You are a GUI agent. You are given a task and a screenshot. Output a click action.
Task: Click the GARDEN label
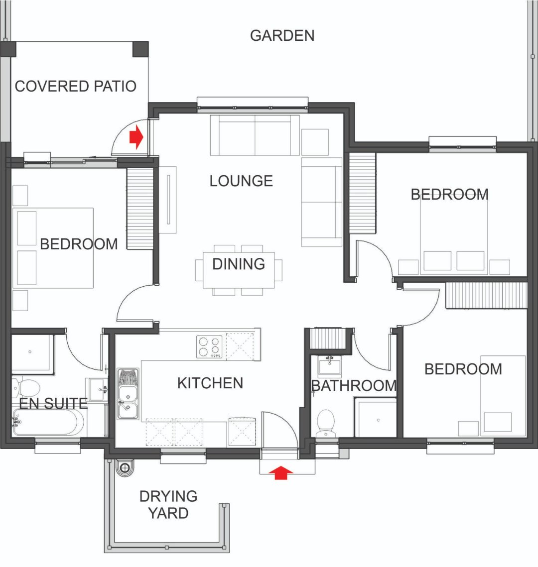[x=282, y=35]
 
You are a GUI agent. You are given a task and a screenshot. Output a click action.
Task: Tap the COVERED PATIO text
[x=76, y=86]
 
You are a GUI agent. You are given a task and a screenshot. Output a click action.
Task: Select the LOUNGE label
[x=241, y=181]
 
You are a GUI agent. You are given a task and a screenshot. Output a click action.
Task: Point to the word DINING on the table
[x=239, y=264]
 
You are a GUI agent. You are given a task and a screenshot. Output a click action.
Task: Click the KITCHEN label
[x=210, y=383]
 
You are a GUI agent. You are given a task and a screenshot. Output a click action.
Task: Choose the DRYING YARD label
[x=168, y=504]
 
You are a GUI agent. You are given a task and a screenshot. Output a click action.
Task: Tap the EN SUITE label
[x=53, y=403]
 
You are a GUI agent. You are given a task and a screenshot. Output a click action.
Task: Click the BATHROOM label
[x=354, y=385]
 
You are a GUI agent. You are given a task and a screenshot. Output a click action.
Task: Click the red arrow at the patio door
[x=136, y=137]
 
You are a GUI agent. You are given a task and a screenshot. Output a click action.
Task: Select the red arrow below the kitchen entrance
[x=281, y=472]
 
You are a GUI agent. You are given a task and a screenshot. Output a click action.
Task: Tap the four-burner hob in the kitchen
[x=209, y=347]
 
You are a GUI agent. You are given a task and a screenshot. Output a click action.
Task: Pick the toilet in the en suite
[x=26, y=388]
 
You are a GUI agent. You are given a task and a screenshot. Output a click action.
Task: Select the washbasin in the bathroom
[x=329, y=365]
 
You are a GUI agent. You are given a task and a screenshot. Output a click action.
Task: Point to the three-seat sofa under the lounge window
[x=255, y=135]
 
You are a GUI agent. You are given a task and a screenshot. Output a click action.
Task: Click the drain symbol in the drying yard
[x=125, y=468]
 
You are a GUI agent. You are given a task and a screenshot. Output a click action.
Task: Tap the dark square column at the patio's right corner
[x=141, y=49]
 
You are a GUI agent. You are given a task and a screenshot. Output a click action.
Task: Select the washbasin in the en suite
[x=98, y=389]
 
